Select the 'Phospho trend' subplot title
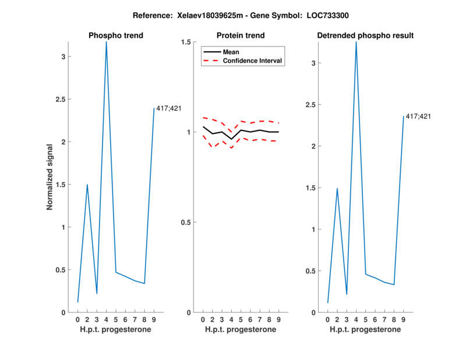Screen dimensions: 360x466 coord(115,36)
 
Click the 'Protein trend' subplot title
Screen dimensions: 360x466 coord(241,36)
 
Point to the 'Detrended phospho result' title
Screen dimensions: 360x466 coord(365,36)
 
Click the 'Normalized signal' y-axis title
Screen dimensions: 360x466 coord(50,177)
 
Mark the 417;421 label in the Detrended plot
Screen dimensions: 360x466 coord(418,117)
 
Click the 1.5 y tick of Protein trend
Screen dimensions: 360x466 coord(186,42)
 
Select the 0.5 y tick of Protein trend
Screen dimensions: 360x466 coord(186,222)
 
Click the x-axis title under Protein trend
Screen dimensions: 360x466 coord(241,330)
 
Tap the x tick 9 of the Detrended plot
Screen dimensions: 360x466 coord(403,319)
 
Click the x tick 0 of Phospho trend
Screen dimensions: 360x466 coord(77,319)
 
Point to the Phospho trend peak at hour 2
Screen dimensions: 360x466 coord(87,185)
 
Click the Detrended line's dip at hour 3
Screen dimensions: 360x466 coord(347,294)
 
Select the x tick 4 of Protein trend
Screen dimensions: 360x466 coord(231,319)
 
